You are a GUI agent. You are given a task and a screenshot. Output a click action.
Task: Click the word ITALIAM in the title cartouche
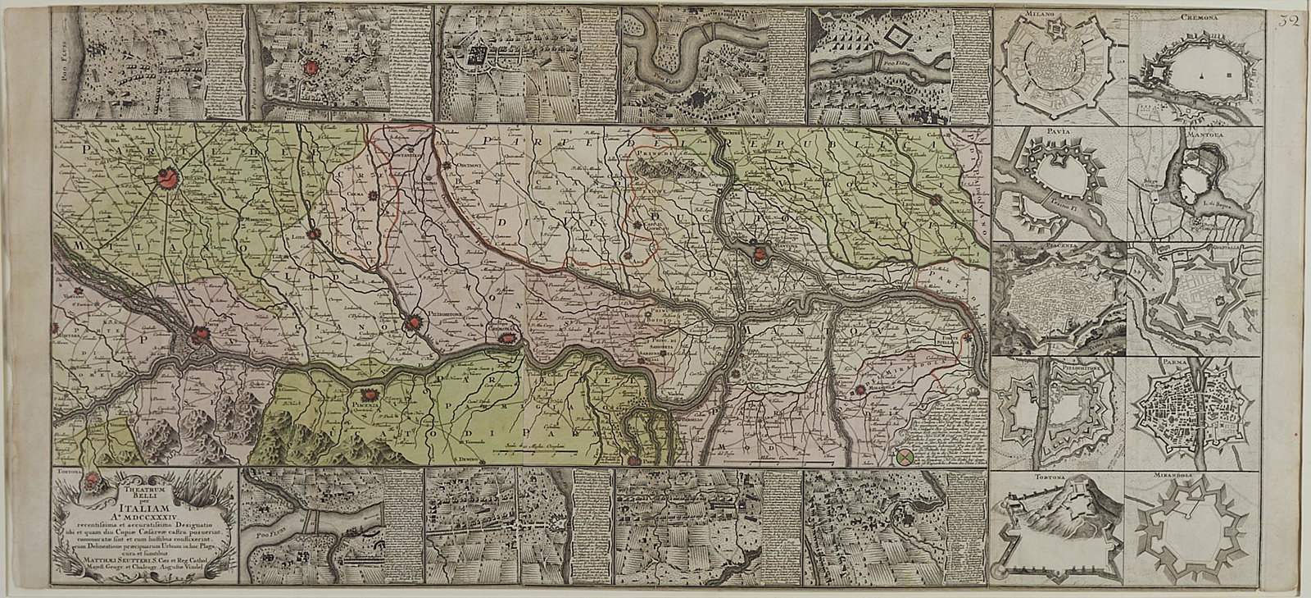pos(144,509)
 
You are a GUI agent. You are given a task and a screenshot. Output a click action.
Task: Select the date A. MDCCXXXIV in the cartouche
pos(144,521)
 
